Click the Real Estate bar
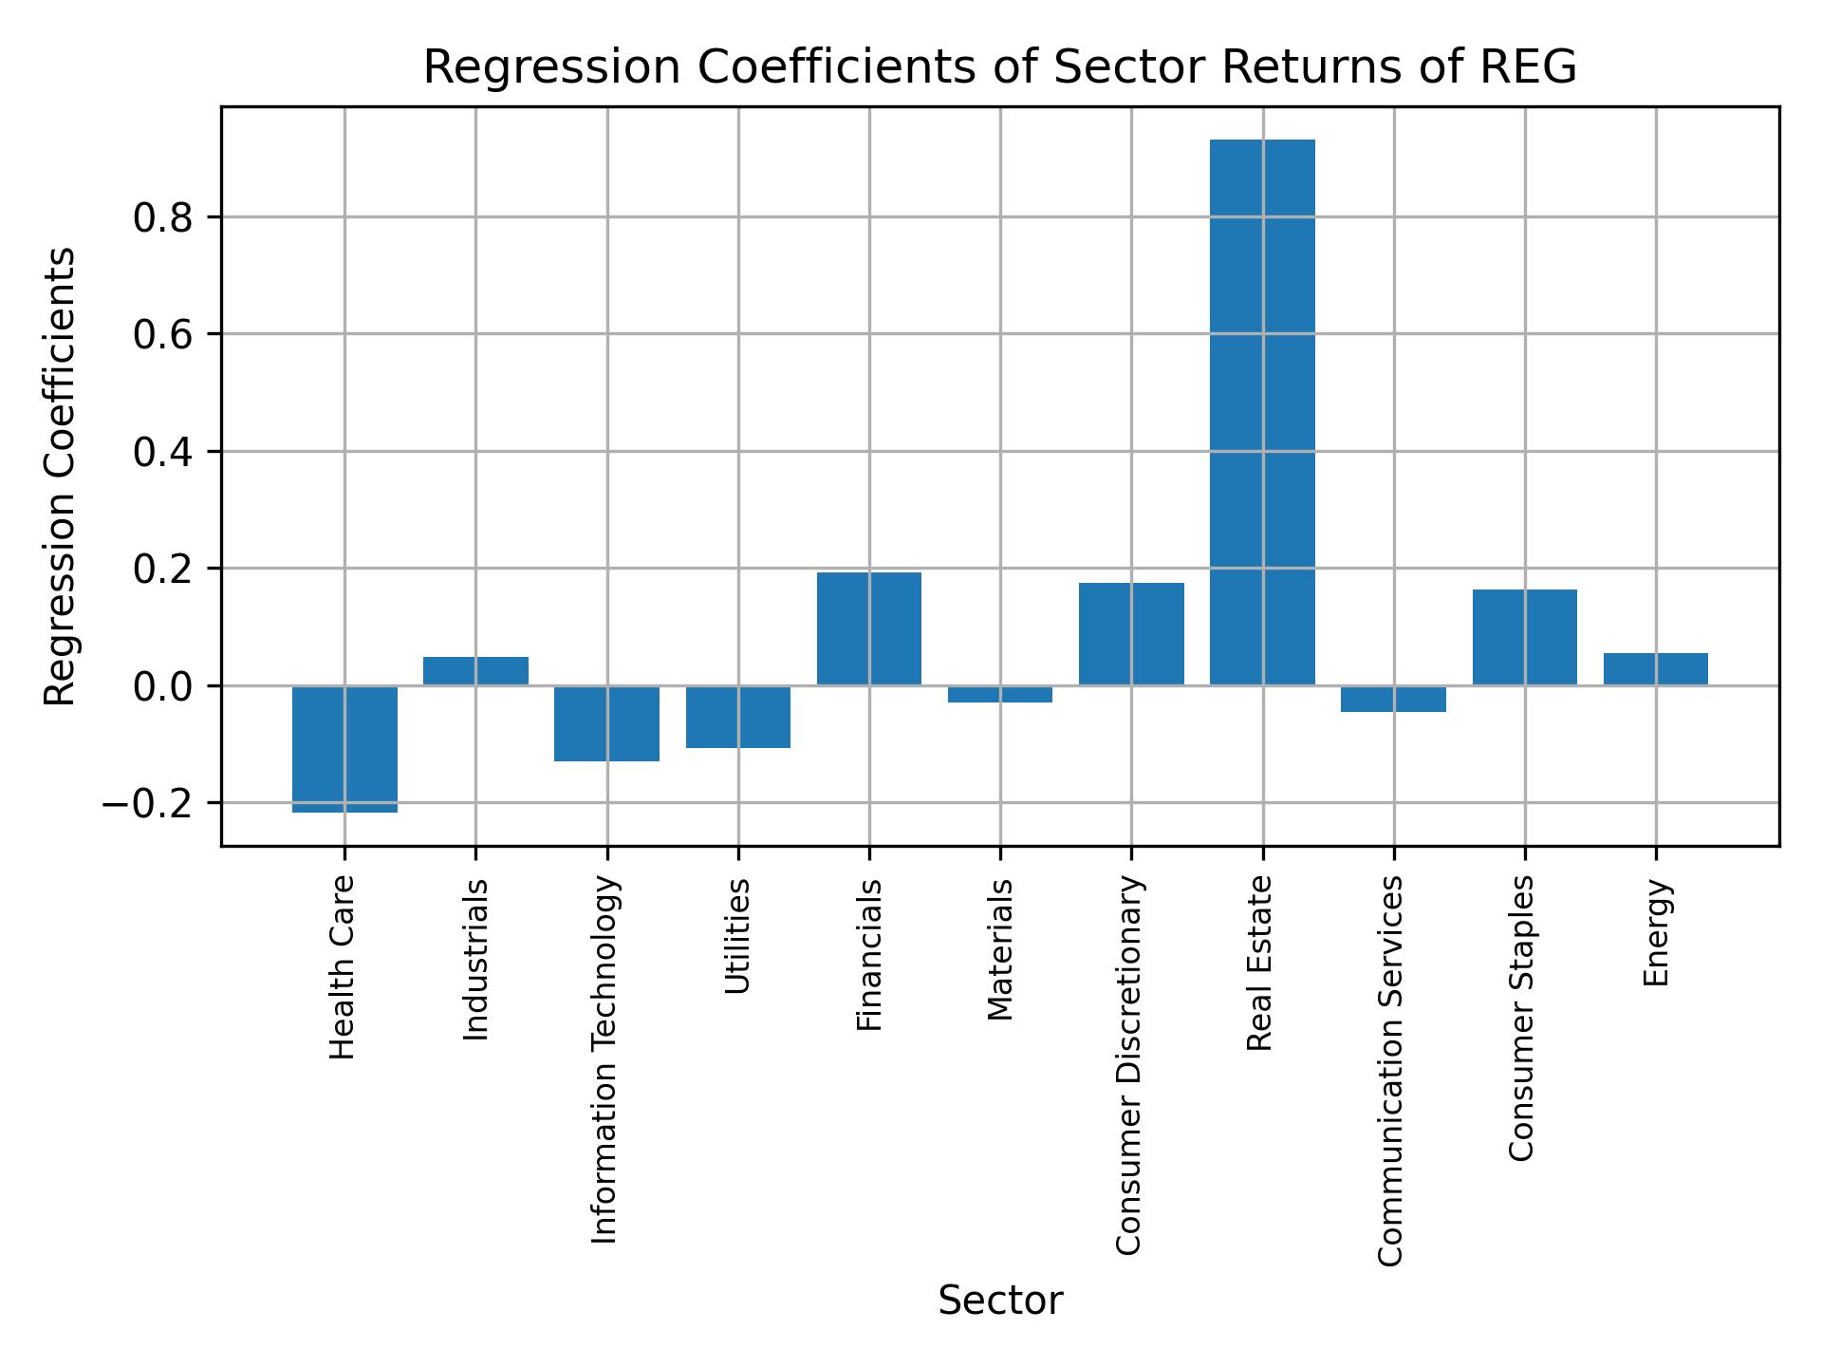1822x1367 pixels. (x=1262, y=412)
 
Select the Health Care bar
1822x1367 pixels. (x=344, y=748)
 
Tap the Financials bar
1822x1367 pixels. (x=868, y=627)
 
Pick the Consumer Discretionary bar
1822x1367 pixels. (x=1131, y=633)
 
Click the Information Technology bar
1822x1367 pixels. (x=606, y=722)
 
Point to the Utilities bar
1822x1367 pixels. (x=737, y=716)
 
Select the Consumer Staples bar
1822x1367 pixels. (x=1524, y=637)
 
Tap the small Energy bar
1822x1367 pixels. (x=1655, y=668)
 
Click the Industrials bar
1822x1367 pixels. (x=475, y=670)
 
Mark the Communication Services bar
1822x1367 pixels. (x=1393, y=699)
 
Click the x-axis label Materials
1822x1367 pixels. (x=1000, y=949)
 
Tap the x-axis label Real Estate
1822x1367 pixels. (x=1259, y=964)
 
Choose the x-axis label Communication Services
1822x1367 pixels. (x=1390, y=1071)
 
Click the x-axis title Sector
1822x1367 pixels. (x=1000, y=1301)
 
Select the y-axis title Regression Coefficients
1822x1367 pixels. (x=61, y=477)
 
